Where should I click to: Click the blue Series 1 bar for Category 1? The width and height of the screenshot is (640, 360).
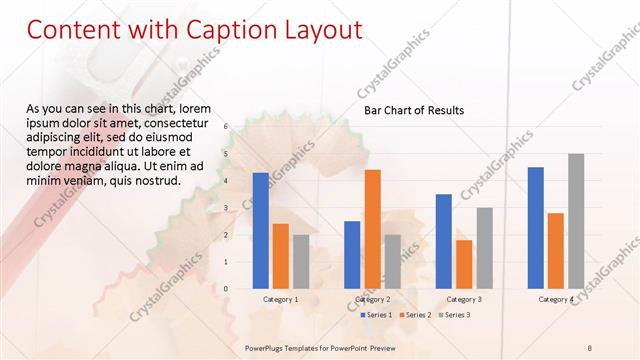click(x=260, y=230)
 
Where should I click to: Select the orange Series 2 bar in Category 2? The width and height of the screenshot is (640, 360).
click(x=372, y=229)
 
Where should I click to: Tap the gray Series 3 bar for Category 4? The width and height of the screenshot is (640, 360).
click(x=576, y=221)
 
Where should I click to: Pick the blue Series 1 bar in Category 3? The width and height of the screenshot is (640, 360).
click(x=444, y=241)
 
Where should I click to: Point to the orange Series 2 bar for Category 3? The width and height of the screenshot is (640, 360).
click(x=464, y=264)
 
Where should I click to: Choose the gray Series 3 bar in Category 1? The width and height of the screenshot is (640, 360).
click(x=300, y=261)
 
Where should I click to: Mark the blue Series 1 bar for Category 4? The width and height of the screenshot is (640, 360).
click(x=536, y=227)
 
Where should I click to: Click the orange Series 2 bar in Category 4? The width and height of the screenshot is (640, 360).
click(x=556, y=250)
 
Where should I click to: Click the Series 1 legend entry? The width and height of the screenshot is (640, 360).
click(x=375, y=315)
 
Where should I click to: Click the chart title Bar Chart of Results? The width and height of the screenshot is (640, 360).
click(x=414, y=110)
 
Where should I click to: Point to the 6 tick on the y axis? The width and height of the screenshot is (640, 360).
click(x=226, y=126)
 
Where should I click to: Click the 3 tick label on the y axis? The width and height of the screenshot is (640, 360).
click(x=226, y=207)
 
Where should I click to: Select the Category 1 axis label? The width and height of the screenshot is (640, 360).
click(x=280, y=299)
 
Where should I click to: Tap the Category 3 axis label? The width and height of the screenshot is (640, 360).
click(x=464, y=299)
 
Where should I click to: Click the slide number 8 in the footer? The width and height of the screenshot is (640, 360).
click(x=590, y=346)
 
